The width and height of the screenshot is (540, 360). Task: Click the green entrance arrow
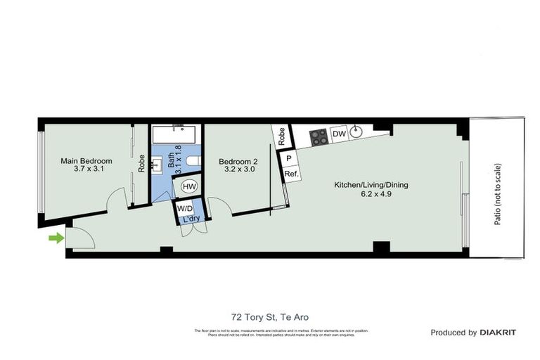[54, 238]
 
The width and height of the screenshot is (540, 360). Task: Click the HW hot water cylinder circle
[189, 186]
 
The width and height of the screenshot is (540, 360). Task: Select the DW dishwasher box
[339, 134]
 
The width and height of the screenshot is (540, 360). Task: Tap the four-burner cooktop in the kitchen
[319, 136]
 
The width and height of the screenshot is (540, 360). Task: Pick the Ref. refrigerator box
[290, 174]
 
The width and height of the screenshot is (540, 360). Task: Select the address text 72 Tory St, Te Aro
[269, 317]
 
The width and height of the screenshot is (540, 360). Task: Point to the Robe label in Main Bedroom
[141, 164]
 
